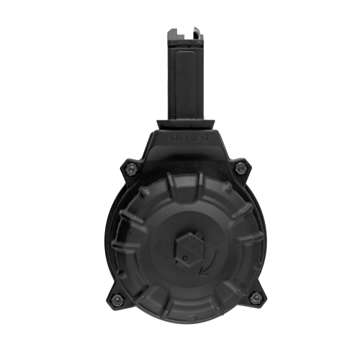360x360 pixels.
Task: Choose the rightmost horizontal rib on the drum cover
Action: click(x=248, y=245)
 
